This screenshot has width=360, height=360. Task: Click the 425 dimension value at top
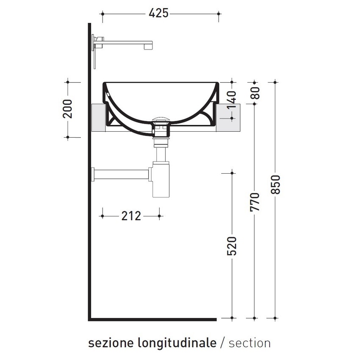[159, 14]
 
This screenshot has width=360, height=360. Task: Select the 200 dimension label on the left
[68, 109]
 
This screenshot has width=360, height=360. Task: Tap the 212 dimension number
[131, 216]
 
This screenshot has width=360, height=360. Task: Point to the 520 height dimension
[232, 246]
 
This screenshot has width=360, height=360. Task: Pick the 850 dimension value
[275, 185]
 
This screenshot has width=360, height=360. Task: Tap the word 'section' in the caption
[249, 343]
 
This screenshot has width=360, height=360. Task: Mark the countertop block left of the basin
[98, 118]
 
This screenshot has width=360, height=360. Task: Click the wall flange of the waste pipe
[93, 174]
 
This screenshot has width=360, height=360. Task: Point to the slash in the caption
[223, 343]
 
